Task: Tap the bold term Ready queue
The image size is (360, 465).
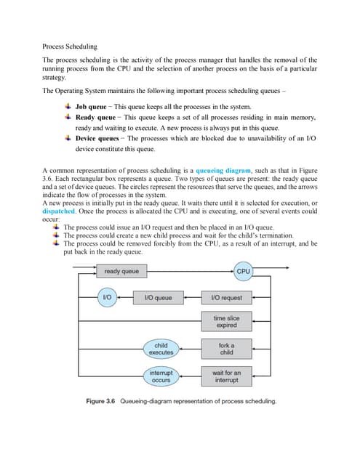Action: (95, 116)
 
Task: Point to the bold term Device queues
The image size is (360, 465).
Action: (99, 138)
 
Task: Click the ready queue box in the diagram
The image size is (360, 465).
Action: (121, 271)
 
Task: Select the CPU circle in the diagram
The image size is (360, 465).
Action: (243, 271)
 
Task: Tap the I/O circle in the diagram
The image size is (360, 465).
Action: (107, 297)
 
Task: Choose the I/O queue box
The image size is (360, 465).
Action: (158, 298)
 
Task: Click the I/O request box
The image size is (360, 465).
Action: (226, 298)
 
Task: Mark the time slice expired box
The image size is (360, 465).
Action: (226, 321)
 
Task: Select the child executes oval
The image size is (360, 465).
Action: (161, 348)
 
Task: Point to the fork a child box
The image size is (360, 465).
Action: (226, 348)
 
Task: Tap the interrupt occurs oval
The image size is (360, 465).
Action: (161, 376)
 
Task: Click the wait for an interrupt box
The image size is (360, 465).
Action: (226, 376)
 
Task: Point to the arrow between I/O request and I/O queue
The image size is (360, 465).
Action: (191, 298)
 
